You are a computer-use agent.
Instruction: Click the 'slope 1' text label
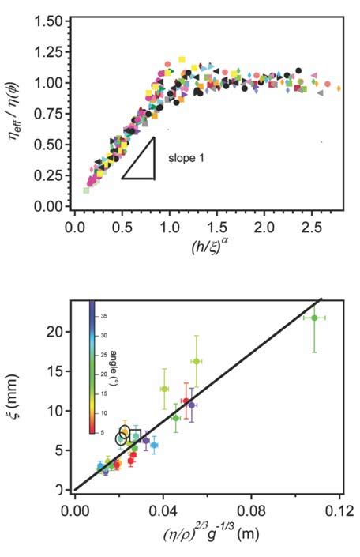(x=187, y=158)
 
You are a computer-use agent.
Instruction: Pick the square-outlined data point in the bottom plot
(x=135, y=436)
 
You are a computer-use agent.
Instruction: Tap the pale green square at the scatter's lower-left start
(x=87, y=190)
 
